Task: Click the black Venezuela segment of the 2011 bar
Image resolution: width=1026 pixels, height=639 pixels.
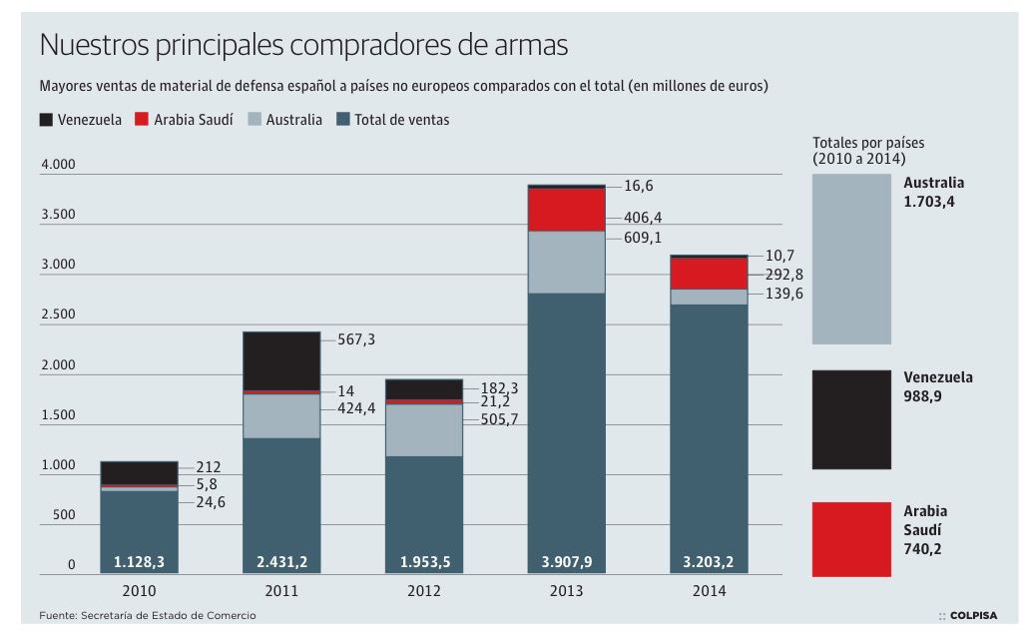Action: coord(281,360)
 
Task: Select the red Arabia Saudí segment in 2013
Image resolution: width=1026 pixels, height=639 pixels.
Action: coord(567,210)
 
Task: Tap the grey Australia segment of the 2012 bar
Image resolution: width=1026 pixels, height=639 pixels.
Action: coord(424,429)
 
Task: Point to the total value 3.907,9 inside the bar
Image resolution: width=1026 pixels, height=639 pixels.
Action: coord(567,562)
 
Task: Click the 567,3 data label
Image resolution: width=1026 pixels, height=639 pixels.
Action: coord(357,340)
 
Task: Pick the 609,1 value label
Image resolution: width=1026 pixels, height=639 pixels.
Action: coord(643,238)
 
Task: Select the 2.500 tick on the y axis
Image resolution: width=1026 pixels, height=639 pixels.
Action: coord(58,315)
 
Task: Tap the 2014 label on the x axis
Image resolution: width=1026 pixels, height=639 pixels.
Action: coord(709,591)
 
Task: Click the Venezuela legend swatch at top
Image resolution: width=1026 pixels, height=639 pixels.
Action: coord(46,120)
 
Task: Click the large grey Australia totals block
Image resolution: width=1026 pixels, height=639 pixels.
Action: coord(851,259)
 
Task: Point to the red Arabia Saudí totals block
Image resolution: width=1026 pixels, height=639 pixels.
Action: coord(851,539)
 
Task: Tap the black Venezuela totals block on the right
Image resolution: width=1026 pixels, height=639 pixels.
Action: coord(851,419)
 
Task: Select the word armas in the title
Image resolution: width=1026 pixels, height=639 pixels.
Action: coord(530,46)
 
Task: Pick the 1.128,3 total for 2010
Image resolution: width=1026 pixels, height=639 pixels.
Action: coord(140,562)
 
